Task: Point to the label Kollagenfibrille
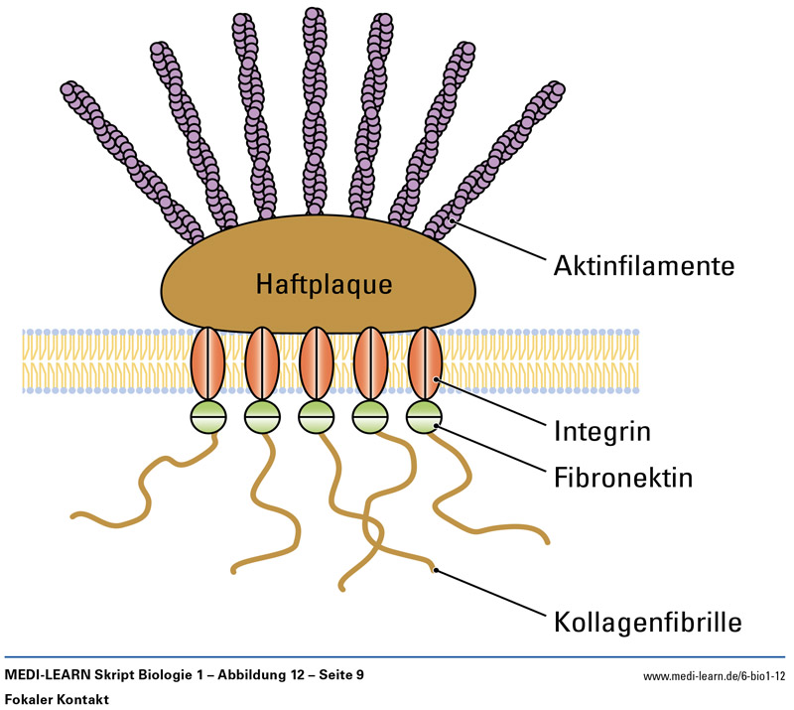(x=645, y=624)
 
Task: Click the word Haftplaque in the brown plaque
(x=324, y=284)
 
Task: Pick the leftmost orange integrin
(x=208, y=363)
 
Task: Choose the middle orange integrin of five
(x=317, y=363)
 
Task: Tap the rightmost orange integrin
(x=425, y=363)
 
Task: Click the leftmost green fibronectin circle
(x=208, y=417)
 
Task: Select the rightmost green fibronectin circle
(x=425, y=417)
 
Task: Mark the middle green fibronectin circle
(x=317, y=417)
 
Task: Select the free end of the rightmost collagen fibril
(x=545, y=541)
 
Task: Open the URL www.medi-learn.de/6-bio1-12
(x=714, y=675)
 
